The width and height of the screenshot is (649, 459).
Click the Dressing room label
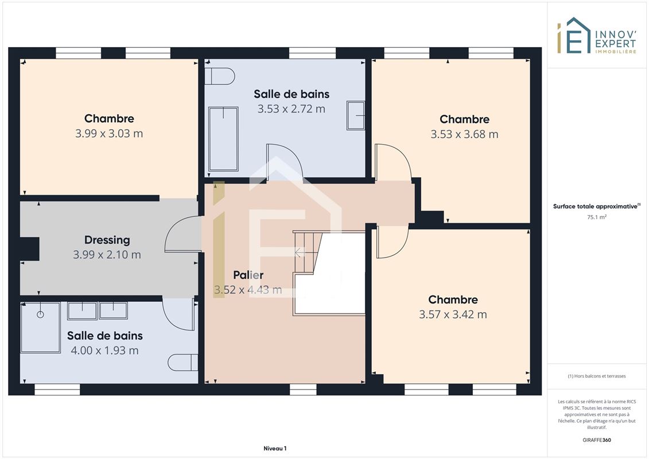click(107, 240)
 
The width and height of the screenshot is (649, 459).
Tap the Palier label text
click(248, 275)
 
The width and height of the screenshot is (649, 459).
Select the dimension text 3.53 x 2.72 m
click(292, 109)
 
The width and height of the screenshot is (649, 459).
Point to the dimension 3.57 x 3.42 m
click(453, 314)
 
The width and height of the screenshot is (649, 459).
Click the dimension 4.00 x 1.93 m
click(104, 351)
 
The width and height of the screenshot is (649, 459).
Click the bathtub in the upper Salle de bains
click(223, 139)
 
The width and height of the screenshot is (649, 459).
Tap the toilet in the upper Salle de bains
click(220, 76)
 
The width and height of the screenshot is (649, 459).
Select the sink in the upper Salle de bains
click(356, 115)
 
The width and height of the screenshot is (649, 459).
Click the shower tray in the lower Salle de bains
click(40, 328)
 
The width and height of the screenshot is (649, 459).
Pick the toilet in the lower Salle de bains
click(183, 363)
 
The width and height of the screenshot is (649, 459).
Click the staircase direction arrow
click(300, 252)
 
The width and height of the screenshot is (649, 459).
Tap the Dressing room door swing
click(182, 234)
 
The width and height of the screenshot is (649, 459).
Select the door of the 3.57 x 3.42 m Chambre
click(392, 242)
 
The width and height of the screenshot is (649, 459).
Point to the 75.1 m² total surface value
click(597, 217)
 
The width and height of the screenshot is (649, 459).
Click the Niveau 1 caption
click(275, 448)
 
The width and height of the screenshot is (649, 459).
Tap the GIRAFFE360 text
click(597, 440)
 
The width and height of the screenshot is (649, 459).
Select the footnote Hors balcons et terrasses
click(597, 376)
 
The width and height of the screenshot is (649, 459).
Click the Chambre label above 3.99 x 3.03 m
click(109, 119)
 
